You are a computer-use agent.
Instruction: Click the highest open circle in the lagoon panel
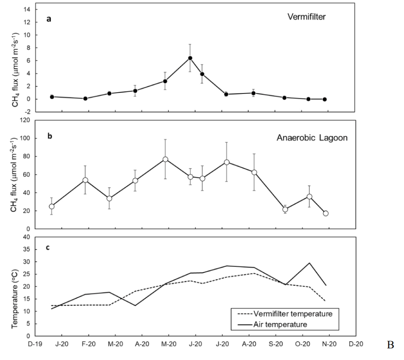(165, 160)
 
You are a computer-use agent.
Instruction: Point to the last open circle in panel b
(325, 213)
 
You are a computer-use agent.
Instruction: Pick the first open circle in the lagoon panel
(52, 206)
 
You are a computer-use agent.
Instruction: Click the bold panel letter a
(49, 19)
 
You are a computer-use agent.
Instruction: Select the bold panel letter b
(49, 136)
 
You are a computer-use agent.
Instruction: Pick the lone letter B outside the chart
(390, 345)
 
